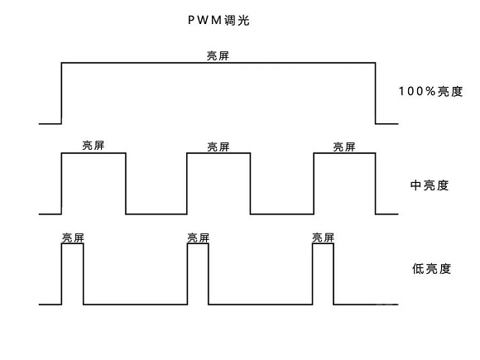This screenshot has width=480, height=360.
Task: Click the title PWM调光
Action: pyautogui.click(x=218, y=20)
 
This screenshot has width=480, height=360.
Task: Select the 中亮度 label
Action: pyautogui.click(x=430, y=185)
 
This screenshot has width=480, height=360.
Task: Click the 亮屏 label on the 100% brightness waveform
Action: pyautogui.click(x=218, y=56)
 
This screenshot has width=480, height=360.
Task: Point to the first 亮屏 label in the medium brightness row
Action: pyautogui.click(x=94, y=146)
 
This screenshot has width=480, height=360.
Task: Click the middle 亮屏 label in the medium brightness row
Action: pyautogui.click(x=218, y=147)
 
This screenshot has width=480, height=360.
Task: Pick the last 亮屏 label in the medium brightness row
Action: pyautogui.click(x=343, y=147)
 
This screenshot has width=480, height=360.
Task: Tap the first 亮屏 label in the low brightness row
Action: pyautogui.click(x=73, y=238)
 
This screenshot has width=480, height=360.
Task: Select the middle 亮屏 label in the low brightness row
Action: pyautogui.click(x=198, y=238)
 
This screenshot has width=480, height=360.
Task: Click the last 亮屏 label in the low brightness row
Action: pyautogui.click(x=324, y=238)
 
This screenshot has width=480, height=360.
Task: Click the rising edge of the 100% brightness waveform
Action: pyautogui.click(x=62, y=93)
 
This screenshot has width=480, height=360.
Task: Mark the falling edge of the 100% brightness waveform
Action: pyautogui.click(x=376, y=93)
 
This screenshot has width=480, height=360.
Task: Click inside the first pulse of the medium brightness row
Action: pyautogui.click(x=94, y=184)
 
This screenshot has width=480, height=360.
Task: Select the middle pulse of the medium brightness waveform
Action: pyautogui.click(x=218, y=184)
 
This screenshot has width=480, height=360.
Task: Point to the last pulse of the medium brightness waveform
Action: pyautogui.click(x=344, y=184)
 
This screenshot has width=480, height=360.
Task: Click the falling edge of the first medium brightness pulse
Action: pyautogui.click(x=126, y=184)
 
